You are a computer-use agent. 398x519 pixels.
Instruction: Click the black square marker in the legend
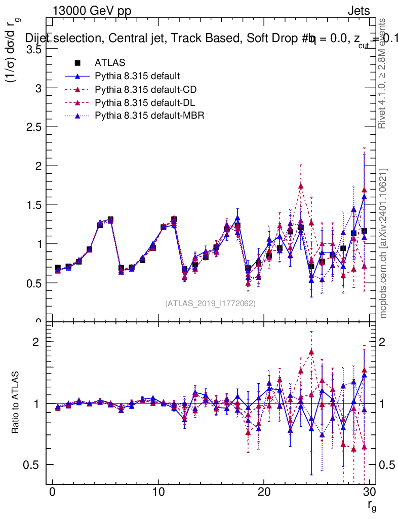click(x=77, y=63)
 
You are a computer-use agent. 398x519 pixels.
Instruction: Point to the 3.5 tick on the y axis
click(x=35, y=49)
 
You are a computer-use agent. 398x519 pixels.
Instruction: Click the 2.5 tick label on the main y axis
click(x=35, y=127)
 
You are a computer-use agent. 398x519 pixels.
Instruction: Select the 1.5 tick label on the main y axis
click(x=35, y=205)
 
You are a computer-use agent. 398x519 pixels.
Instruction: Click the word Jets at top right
click(x=358, y=11)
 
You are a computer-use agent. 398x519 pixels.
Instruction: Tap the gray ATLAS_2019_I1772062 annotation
click(x=210, y=304)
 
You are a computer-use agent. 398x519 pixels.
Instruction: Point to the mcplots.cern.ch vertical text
click(x=383, y=243)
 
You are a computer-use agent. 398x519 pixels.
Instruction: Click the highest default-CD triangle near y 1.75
click(x=301, y=186)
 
